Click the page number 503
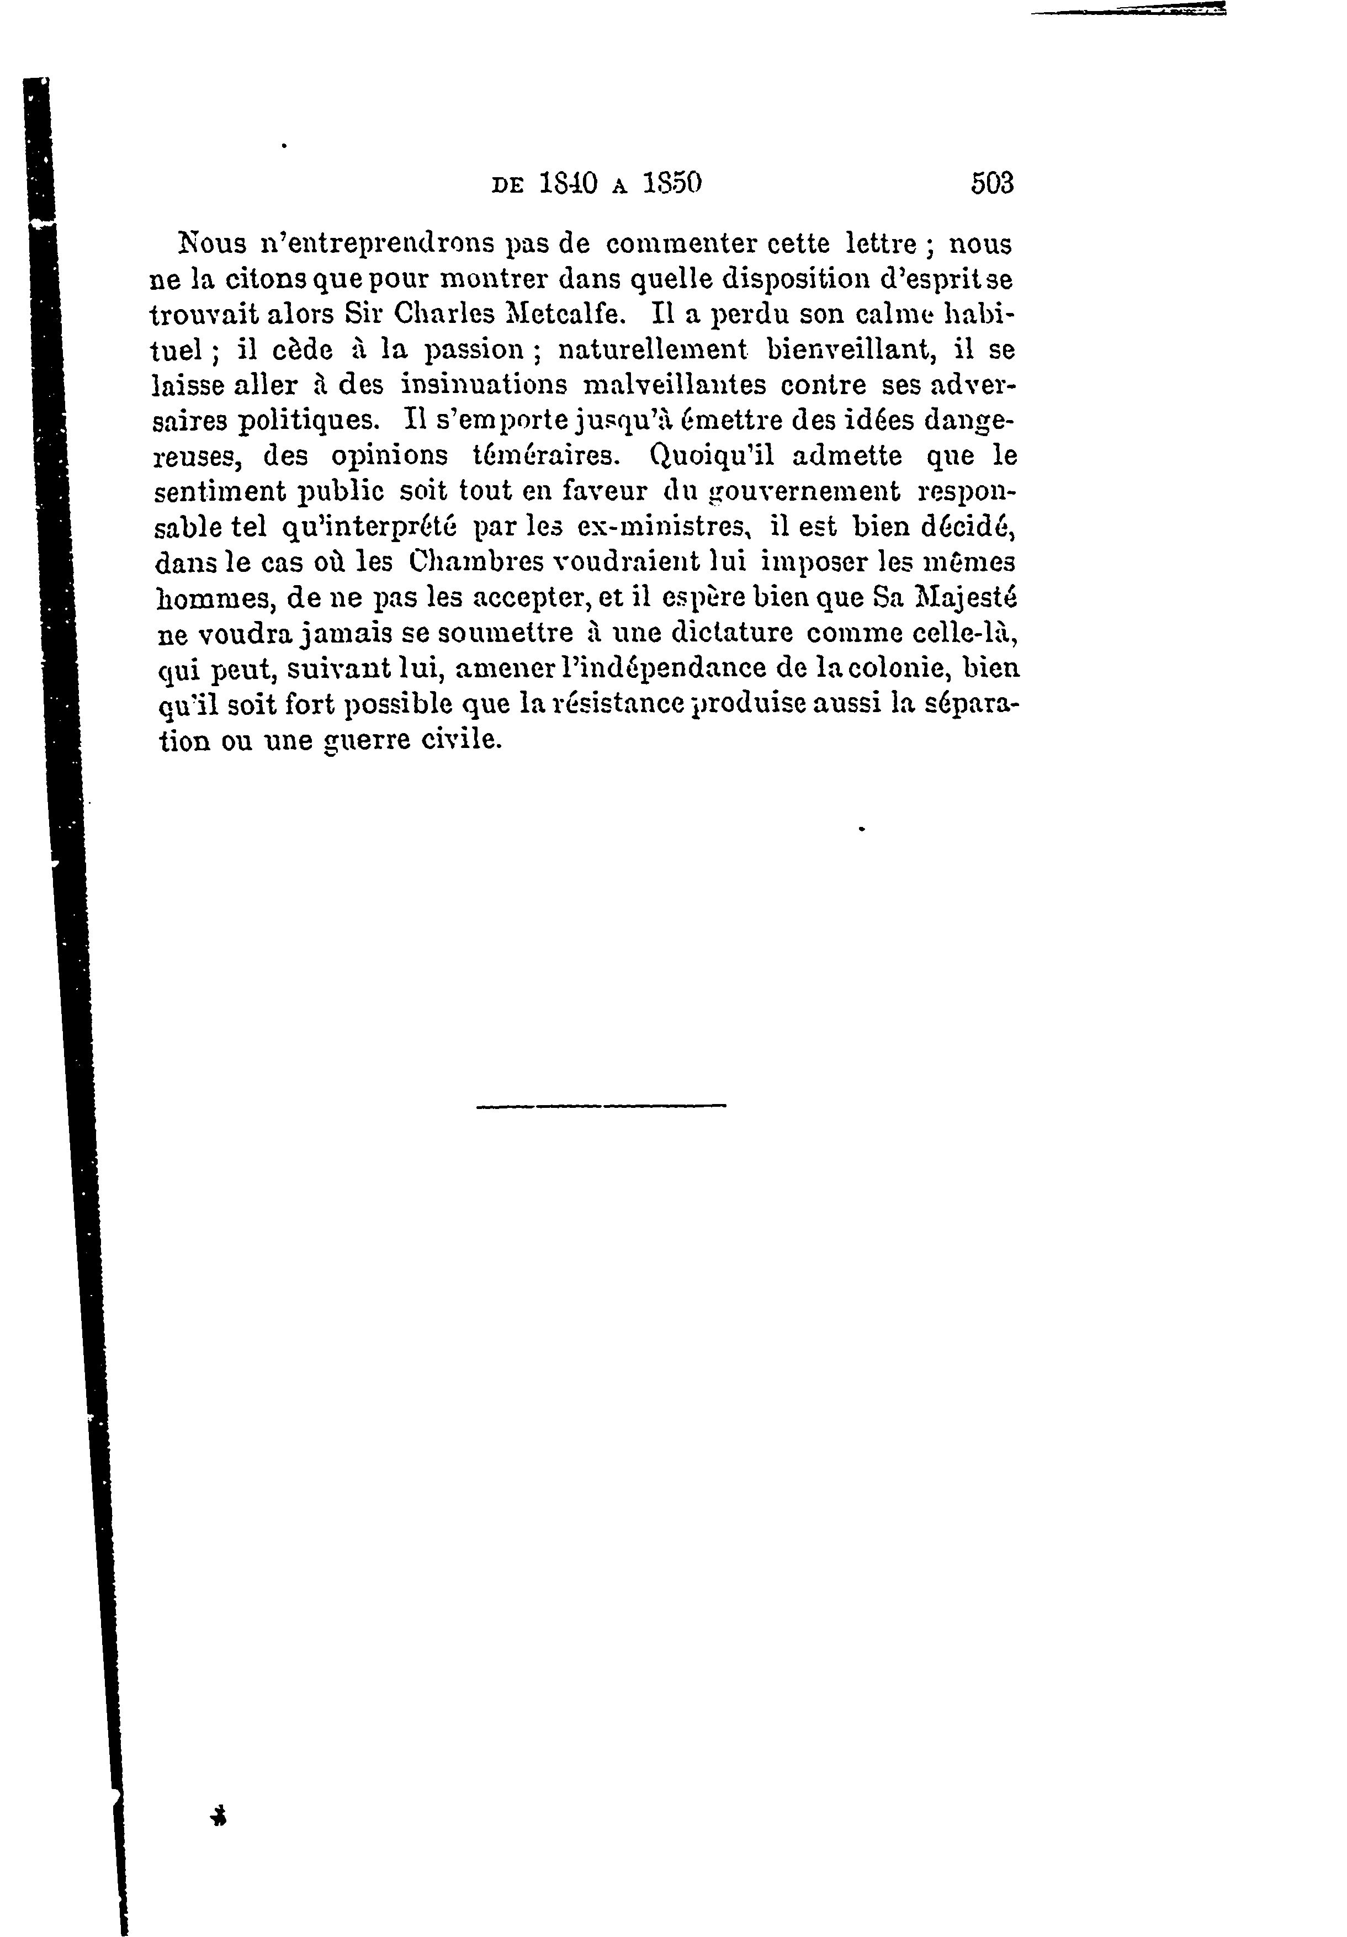[992, 183]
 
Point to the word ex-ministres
[664, 527]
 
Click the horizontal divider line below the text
[601, 1105]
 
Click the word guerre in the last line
[369, 740]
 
